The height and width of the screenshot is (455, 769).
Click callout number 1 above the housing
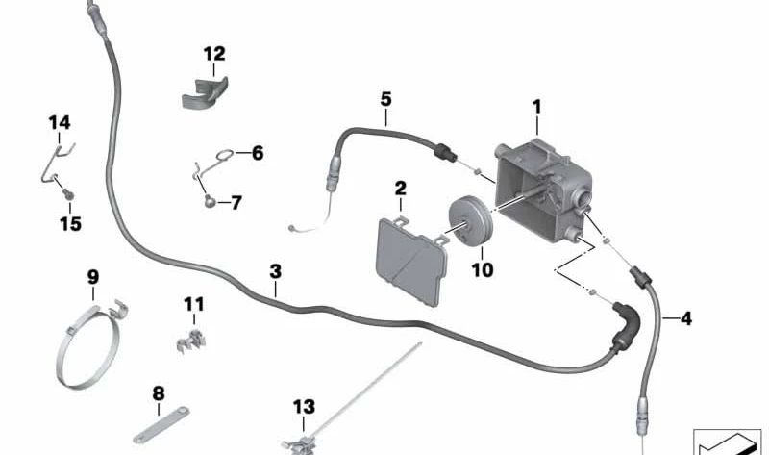click(x=537, y=107)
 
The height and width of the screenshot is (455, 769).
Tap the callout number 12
click(x=214, y=54)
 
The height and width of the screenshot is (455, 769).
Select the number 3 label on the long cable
click(x=276, y=271)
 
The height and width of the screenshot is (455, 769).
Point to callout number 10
click(x=483, y=269)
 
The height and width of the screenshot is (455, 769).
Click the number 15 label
click(x=70, y=224)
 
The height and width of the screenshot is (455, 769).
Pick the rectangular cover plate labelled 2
click(x=412, y=262)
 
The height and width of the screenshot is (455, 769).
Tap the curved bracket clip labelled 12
click(x=205, y=93)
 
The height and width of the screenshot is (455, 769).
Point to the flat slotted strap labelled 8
click(x=161, y=425)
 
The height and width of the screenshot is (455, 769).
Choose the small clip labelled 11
click(x=191, y=340)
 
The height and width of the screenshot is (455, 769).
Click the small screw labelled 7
click(x=210, y=200)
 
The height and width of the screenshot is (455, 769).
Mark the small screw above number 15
click(x=68, y=195)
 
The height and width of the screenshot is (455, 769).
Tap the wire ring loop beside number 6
click(x=224, y=156)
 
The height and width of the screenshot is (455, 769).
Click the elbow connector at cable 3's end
click(x=626, y=323)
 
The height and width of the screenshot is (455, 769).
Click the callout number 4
click(x=686, y=319)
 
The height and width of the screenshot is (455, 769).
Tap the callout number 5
click(x=386, y=100)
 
